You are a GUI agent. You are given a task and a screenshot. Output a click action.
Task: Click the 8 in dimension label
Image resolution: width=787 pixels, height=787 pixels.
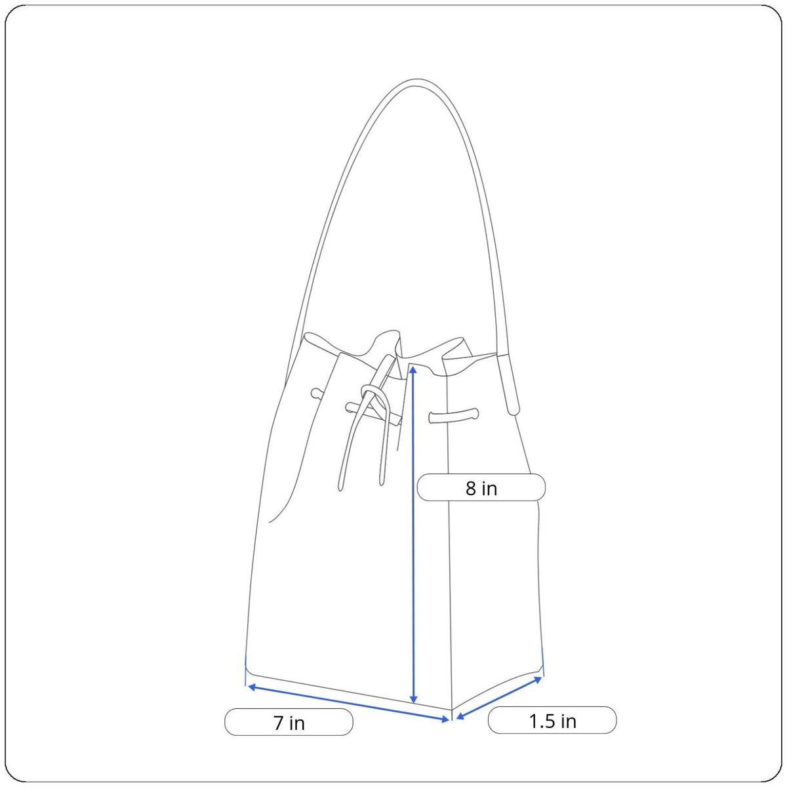(481, 488)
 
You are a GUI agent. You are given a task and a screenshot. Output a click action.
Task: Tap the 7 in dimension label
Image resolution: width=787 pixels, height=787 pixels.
(289, 723)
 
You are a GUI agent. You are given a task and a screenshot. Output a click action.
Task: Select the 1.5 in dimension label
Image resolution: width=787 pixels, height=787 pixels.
(552, 720)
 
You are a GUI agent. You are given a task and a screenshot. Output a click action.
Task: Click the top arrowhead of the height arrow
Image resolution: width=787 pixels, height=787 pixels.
(413, 370)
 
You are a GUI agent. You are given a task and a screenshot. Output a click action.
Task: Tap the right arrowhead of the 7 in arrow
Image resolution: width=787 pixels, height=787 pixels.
(445, 719)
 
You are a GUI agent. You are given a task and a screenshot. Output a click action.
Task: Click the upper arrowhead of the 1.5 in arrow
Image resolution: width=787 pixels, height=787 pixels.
(538, 679)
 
